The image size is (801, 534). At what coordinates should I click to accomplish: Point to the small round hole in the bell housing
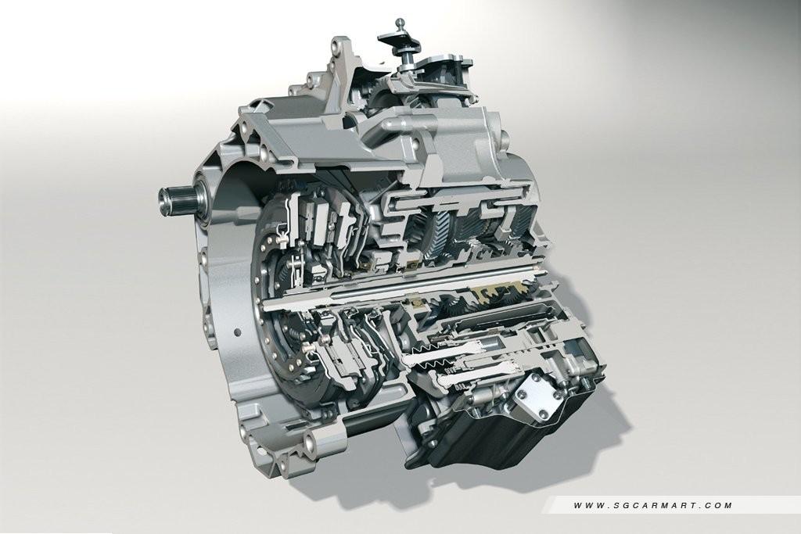(238, 332)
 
